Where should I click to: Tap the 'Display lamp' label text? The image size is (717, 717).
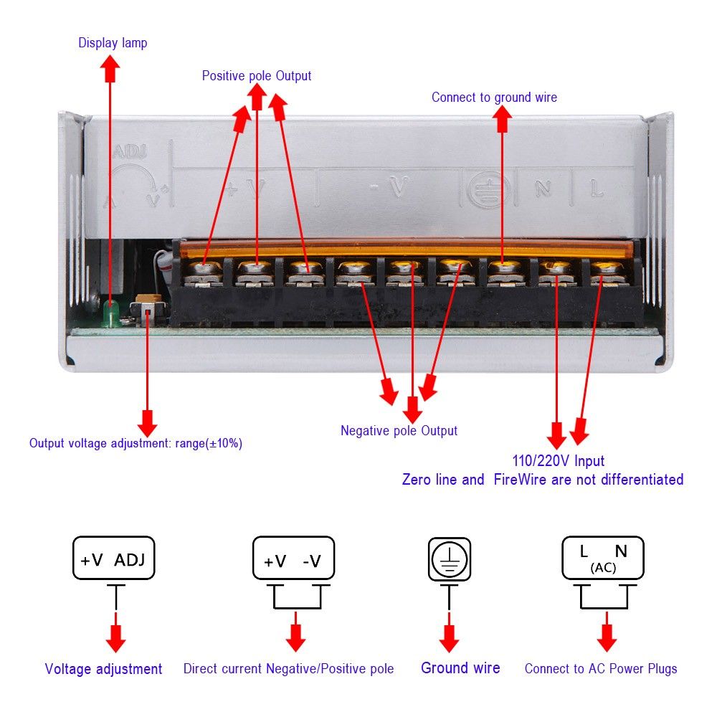113,43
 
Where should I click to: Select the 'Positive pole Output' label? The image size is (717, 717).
257,75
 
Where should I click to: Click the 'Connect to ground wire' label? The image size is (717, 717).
494,97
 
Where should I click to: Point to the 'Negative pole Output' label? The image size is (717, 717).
399,430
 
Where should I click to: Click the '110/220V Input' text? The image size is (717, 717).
558,461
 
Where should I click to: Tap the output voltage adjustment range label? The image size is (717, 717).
136,443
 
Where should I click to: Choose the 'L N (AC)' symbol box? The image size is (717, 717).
602,559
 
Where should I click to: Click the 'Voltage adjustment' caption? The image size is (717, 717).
103,669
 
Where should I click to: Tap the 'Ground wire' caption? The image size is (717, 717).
460,668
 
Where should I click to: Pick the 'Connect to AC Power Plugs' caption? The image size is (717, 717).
601,668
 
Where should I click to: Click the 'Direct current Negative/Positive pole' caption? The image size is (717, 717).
288,669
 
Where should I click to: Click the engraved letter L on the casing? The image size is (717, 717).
596,189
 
